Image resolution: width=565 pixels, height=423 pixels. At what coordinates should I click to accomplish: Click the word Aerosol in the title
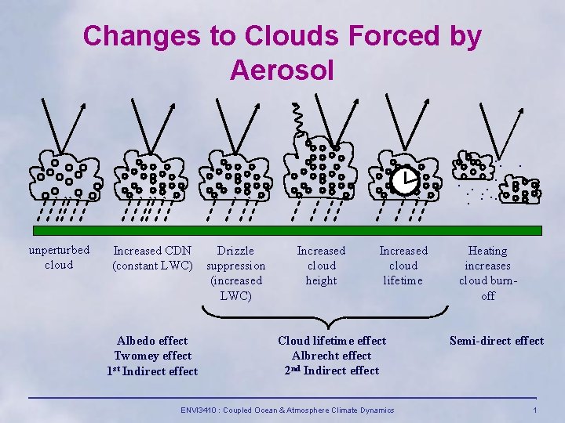pyautogui.click(x=282, y=70)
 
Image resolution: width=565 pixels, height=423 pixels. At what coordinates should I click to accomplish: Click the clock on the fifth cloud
pyautogui.click(x=405, y=182)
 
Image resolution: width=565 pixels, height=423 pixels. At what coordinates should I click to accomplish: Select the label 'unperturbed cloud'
pyautogui.click(x=59, y=258)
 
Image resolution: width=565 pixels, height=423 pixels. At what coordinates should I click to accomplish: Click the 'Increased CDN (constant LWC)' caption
pyautogui.click(x=152, y=258)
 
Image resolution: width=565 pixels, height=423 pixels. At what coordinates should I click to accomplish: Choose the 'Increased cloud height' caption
pyautogui.click(x=321, y=266)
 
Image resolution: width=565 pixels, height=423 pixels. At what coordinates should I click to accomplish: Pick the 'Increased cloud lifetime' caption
pyautogui.click(x=403, y=266)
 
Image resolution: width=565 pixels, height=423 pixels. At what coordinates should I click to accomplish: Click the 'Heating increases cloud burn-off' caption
pyautogui.click(x=487, y=273)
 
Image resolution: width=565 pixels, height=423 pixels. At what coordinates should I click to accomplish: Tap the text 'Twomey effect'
pyautogui.click(x=152, y=356)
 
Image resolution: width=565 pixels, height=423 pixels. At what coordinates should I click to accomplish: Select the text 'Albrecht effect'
pyautogui.click(x=332, y=356)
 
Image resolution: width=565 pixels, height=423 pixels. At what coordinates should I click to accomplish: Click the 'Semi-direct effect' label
pyautogui.click(x=496, y=341)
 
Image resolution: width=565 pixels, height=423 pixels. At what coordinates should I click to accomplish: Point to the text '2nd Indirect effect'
pyautogui.click(x=332, y=371)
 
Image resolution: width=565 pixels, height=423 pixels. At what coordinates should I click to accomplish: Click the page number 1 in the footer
pyautogui.click(x=534, y=410)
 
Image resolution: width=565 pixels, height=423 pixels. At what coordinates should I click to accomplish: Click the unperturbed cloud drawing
pyautogui.click(x=63, y=176)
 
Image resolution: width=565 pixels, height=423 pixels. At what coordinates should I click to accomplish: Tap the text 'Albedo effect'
pyautogui.click(x=152, y=341)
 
